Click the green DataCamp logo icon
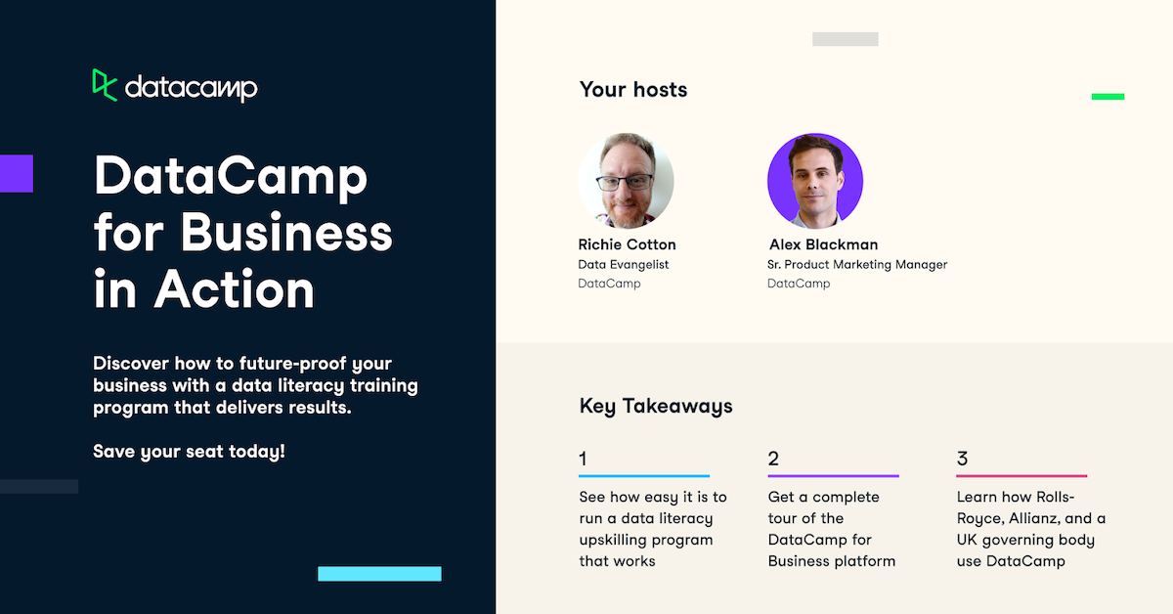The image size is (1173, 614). coord(105,85)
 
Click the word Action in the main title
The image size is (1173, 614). coord(235,289)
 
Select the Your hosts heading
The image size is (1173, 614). coord(633,90)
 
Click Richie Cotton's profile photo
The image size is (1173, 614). coord(626,181)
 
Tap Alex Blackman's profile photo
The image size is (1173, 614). coord(815,181)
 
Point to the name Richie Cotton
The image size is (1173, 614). coord(627,244)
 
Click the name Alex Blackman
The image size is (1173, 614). coord(823,244)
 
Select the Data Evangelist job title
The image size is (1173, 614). coord(624,265)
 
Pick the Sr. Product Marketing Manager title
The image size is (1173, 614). coord(857,265)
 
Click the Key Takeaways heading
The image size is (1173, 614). coord(656,406)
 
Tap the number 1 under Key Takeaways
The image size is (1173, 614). coord(584,459)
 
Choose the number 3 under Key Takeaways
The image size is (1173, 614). coord(962,459)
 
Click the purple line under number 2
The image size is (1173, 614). coord(833,476)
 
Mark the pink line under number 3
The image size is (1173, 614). coord(1021,476)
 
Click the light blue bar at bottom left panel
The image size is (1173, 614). coord(379,574)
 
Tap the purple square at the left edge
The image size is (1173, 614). coord(16,173)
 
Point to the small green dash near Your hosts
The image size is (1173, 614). coord(1108,97)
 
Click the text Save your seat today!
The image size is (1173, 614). coord(190,453)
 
